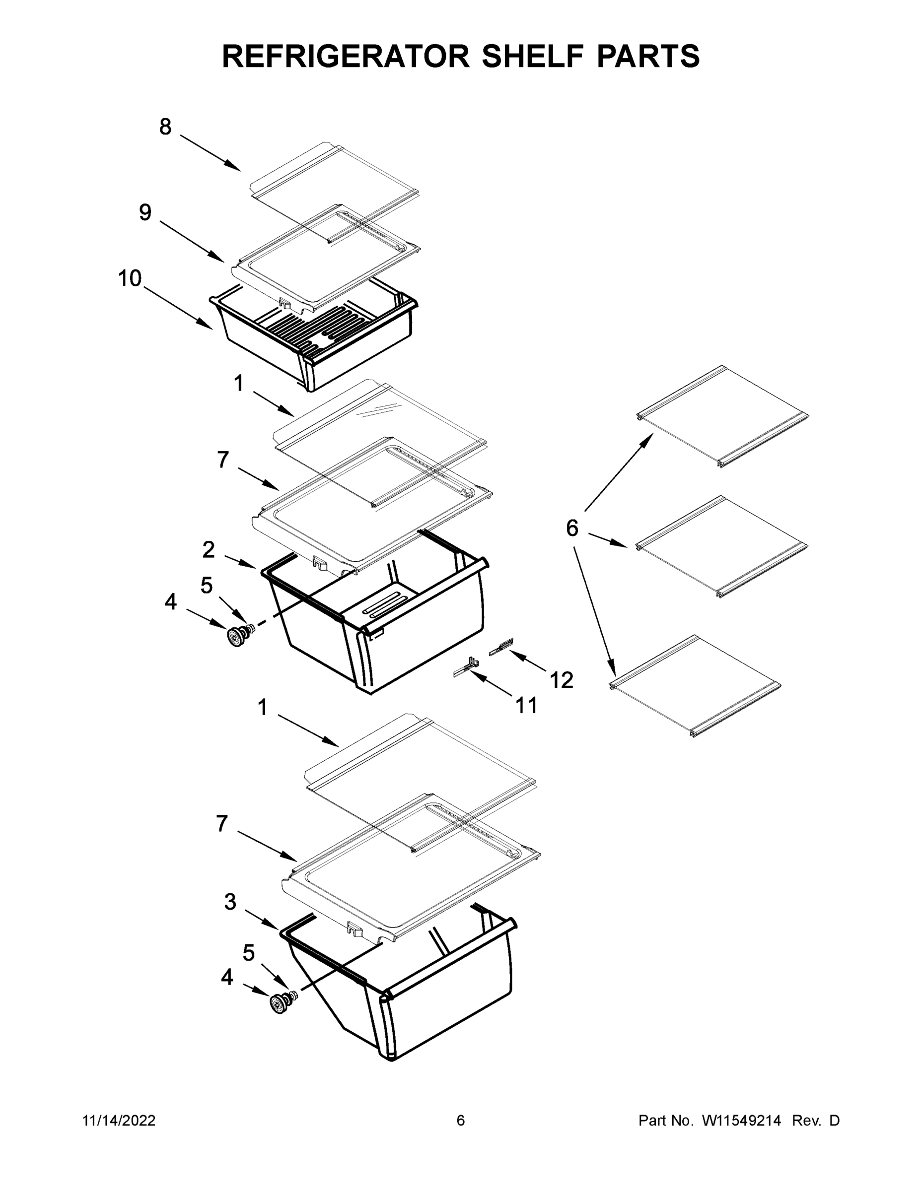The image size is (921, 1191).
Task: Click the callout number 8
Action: coord(165,127)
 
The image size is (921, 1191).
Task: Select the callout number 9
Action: coord(144,212)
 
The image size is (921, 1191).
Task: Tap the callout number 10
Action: coord(130,279)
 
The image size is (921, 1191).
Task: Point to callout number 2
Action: coord(209,550)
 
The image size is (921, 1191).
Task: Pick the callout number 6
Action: coord(572,528)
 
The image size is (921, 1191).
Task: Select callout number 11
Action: coord(526,706)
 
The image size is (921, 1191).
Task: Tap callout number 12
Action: coord(562,680)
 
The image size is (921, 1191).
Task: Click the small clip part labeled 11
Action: coord(467,667)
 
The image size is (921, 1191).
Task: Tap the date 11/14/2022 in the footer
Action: coord(119,1121)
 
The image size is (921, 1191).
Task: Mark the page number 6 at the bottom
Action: coord(461,1121)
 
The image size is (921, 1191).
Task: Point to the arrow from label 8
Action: coord(210,153)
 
